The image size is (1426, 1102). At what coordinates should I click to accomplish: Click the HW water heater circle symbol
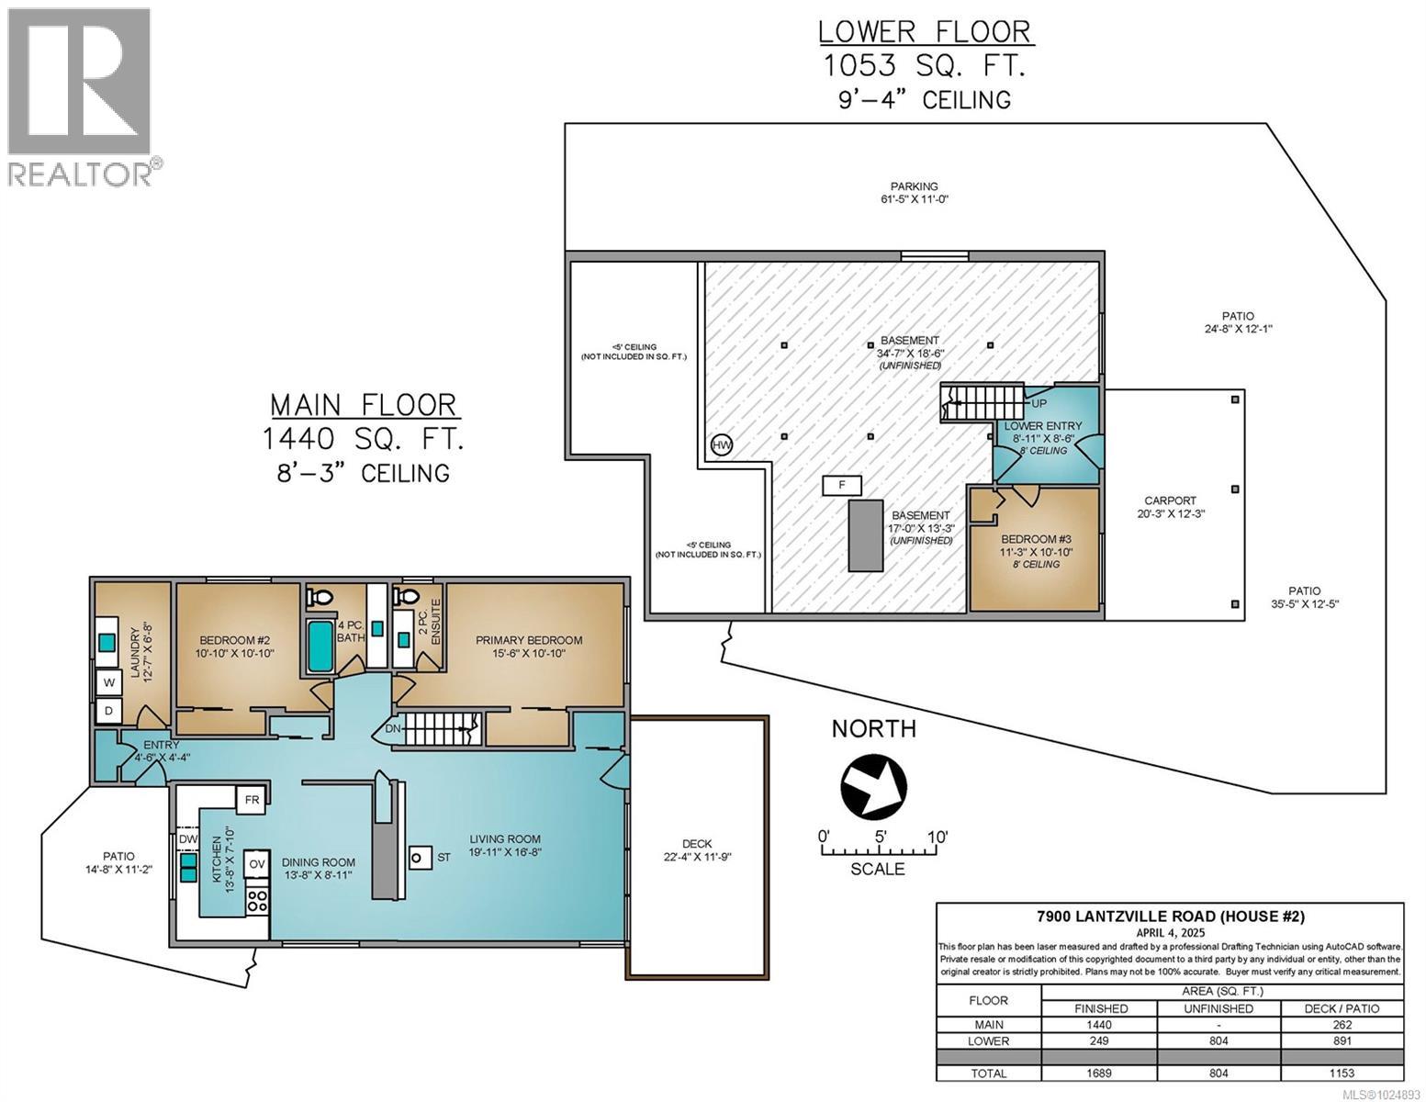tap(721, 445)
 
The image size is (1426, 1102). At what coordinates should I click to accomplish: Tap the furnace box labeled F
tap(842, 486)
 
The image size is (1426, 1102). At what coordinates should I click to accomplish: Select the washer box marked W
tap(109, 682)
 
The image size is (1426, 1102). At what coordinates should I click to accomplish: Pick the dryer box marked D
tap(109, 711)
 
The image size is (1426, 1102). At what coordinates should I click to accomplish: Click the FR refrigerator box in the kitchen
tap(252, 800)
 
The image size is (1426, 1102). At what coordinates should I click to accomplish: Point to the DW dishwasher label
tap(187, 839)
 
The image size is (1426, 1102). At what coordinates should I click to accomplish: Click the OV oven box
tap(257, 864)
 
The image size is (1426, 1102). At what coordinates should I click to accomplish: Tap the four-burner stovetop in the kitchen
tap(257, 900)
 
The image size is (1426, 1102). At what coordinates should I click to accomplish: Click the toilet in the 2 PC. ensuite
tap(406, 597)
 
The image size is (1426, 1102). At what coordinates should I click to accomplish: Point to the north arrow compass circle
tap(873, 787)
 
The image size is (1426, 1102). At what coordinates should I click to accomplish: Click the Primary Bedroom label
tap(529, 640)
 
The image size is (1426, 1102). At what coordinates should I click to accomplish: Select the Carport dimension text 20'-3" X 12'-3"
tap(1171, 514)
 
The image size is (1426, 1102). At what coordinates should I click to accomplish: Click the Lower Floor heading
tap(926, 31)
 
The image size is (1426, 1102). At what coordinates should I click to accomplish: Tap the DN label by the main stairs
tap(392, 728)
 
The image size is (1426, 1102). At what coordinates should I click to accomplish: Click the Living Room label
tap(505, 838)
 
